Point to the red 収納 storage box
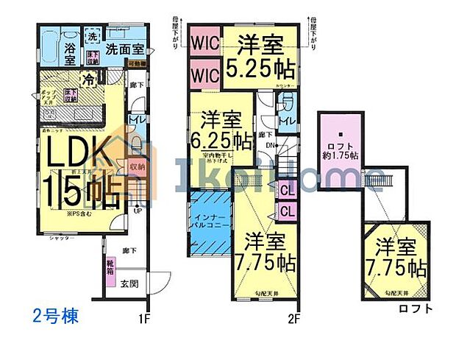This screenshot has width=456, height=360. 137,169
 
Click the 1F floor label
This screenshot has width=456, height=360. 143,320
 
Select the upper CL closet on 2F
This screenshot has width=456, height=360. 288,191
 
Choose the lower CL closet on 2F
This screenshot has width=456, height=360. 288,211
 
